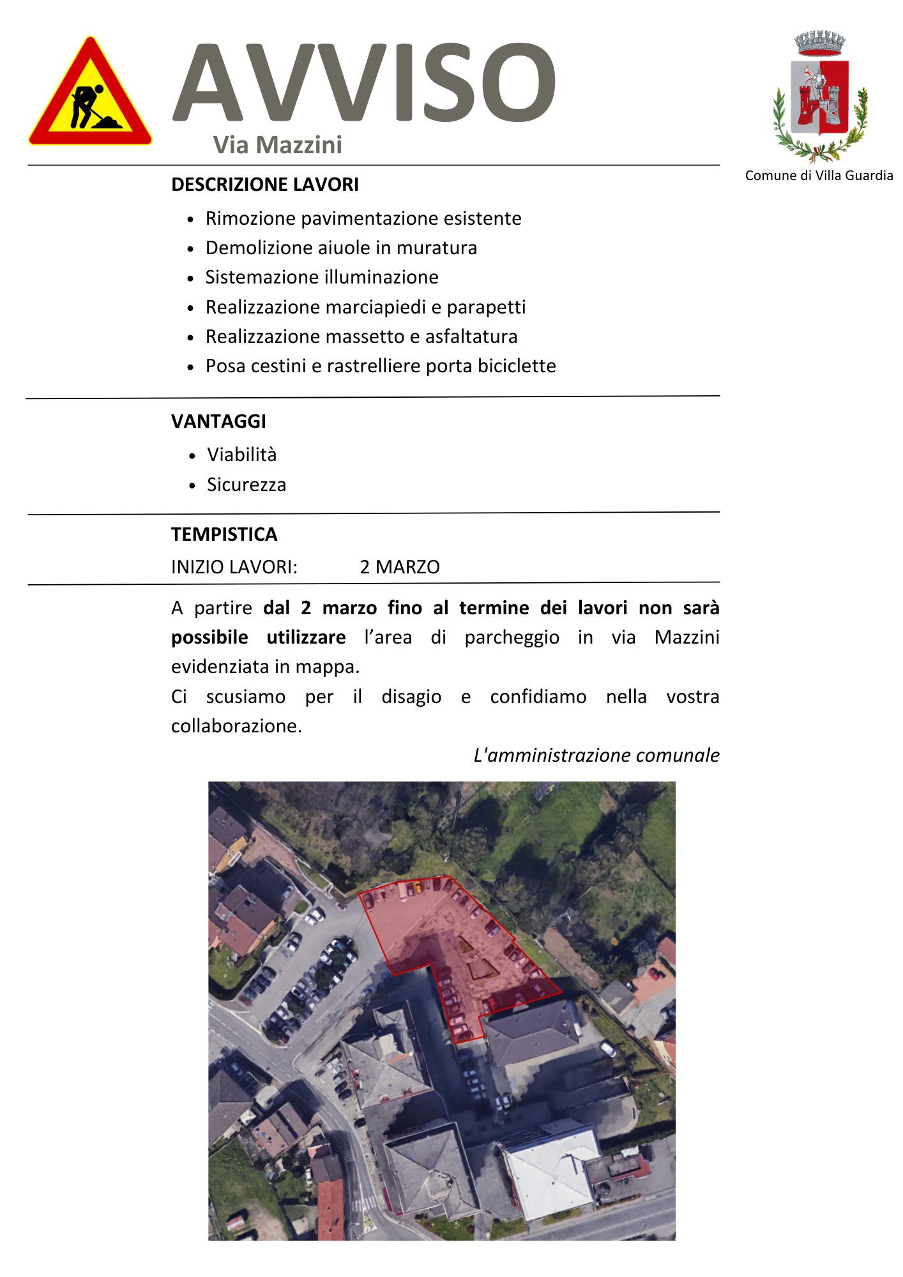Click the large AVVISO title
click(364, 83)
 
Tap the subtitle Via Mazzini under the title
click(278, 145)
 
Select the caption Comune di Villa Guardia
click(819, 176)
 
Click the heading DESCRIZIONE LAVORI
click(265, 185)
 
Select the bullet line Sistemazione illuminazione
click(322, 277)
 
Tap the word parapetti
click(486, 307)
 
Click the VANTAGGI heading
click(218, 421)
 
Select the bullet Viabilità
click(241, 455)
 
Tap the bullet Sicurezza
click(247, 485)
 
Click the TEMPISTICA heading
click(224, 534)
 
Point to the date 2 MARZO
click(400, 567)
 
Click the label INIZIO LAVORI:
click(234, 567)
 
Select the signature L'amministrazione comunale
click(596, 755)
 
